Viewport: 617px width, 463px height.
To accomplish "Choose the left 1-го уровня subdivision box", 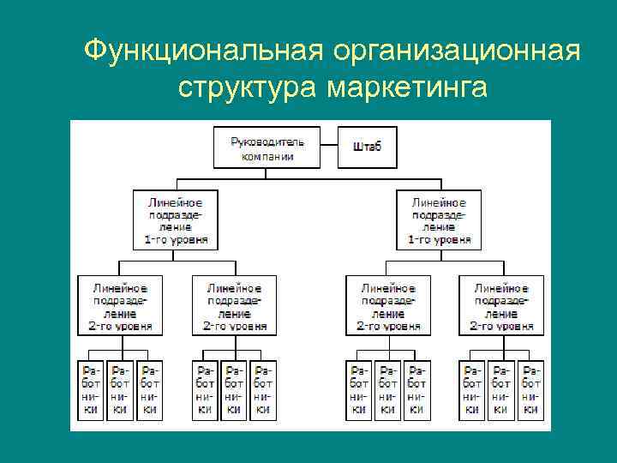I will [177, 219].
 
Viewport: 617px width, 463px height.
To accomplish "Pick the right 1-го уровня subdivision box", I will [440, 219].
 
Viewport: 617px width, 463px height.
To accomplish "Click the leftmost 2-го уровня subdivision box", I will [119, 305].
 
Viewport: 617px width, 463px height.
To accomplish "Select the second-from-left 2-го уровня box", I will [234, 305].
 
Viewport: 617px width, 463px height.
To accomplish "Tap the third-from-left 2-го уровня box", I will [388, 305].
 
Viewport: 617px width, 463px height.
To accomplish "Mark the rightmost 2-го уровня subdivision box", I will [501, 305].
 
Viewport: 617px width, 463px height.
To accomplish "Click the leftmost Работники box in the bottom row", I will [91, 389].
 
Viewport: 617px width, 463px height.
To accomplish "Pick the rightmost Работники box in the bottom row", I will [532, 389].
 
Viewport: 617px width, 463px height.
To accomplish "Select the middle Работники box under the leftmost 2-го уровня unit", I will [120, 389].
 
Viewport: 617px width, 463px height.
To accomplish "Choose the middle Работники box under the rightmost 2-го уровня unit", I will [501, 389].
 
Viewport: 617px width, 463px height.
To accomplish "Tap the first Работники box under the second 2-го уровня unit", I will [204, 389].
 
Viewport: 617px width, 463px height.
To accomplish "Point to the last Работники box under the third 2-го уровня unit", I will [417, 389].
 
